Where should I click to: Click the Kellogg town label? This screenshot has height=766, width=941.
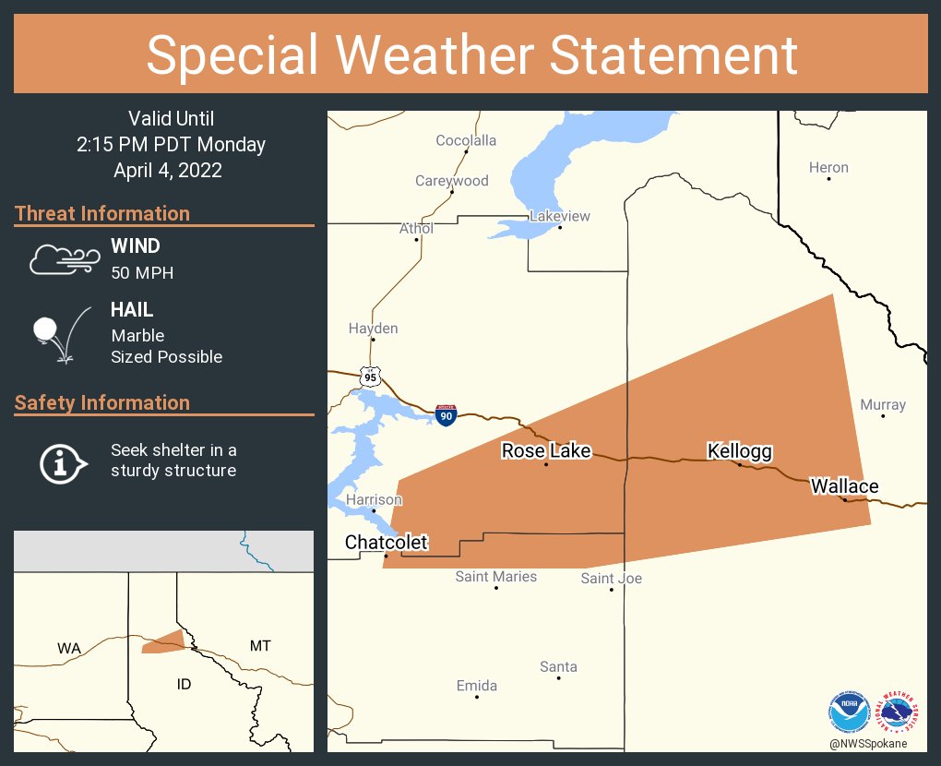[739, 451]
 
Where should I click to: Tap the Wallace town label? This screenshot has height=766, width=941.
[844, 485]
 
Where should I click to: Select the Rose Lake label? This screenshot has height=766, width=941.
[546, 451]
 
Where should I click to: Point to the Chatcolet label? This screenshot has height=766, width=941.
[386, 542]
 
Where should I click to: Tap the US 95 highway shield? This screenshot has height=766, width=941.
[371, 376]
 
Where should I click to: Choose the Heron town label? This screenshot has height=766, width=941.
[828, 167]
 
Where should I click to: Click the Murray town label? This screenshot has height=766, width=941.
[883, 404]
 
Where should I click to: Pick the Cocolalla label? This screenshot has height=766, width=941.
[466, 140]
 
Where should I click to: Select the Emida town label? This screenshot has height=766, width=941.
[477, 686]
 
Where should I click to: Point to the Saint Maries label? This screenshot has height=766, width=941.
[496, 577]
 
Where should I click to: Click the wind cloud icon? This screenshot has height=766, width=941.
[62, 259]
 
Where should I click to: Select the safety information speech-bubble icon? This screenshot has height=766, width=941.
[62, 461]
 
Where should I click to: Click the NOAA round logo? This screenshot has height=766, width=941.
[850, 712]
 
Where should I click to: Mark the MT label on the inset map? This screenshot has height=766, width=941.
[260, 645]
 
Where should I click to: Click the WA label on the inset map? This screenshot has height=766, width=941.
[69, 648]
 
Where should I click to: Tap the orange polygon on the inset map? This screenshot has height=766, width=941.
[164, 642]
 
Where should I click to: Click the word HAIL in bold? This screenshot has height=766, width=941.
[132, 311]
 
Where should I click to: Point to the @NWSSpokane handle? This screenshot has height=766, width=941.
[867, 743]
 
